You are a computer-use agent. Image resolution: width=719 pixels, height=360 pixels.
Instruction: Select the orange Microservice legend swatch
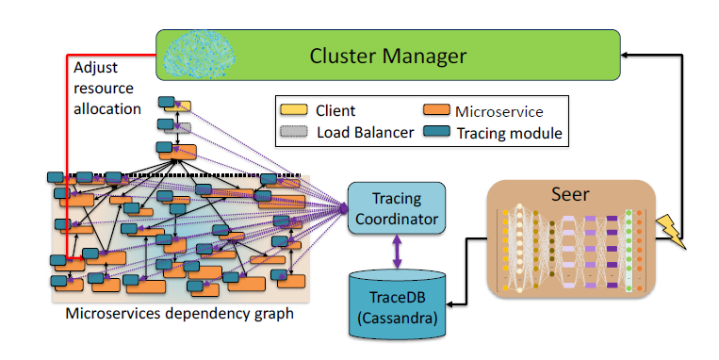click(437, 110)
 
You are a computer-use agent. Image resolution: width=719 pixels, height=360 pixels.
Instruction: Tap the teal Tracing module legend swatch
click(437, 133)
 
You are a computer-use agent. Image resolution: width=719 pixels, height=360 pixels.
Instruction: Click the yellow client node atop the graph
click(183, 106)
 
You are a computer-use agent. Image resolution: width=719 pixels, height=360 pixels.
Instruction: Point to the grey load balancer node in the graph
click(183, 128)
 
